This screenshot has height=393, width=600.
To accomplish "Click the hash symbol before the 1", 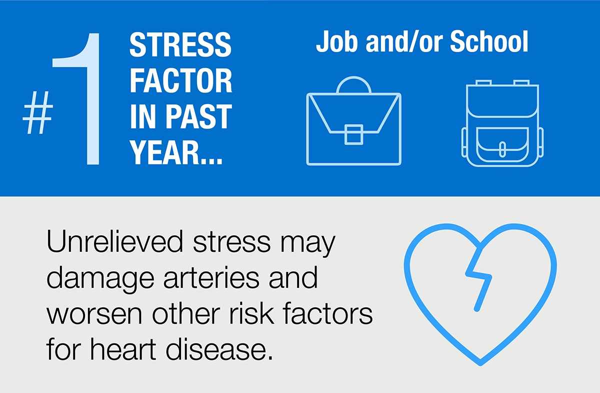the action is coord(37,113).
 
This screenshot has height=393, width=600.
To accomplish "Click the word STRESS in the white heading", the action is coord(180,45).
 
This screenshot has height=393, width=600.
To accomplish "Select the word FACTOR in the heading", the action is coord(181,81).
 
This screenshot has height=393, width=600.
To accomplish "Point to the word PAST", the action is coord(198,116).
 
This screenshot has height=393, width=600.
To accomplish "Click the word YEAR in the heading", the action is coord(166,152).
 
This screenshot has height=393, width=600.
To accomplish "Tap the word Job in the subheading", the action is coord(336,42).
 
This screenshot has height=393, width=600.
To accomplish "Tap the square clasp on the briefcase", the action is coord(353,135).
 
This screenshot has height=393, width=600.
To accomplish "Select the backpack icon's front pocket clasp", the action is coord(502,149).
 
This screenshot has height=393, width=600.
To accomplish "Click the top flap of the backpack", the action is coord(502,102).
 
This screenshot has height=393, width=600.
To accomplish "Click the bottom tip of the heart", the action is coord(480,365).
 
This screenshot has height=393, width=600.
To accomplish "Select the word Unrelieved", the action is coord(114,241).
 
